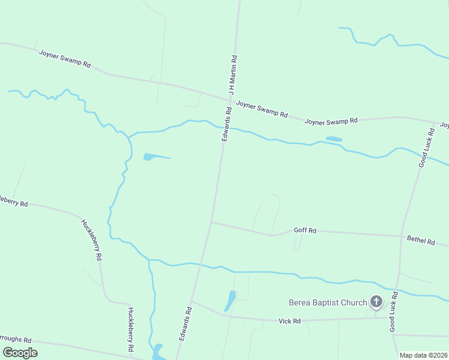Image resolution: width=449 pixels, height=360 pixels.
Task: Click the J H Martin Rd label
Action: [233, 74]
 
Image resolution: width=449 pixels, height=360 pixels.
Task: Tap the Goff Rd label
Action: [305, 230]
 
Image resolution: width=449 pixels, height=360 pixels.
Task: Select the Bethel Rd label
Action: [421, 240]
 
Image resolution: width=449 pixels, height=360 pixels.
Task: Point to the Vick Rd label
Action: [289, 321]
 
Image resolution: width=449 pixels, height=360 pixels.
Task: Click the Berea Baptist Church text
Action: [328, 302]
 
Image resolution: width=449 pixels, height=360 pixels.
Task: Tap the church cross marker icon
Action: [376, 301]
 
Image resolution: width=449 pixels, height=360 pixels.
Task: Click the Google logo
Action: [20, 353]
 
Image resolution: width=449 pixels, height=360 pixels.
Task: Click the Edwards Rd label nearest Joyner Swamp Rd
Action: [226, 124]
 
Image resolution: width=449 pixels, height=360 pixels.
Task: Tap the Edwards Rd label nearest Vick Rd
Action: [184, 324]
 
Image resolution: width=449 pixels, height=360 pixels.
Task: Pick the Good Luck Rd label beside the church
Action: [394, 311]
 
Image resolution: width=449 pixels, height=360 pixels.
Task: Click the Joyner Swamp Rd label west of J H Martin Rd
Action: [65, 59]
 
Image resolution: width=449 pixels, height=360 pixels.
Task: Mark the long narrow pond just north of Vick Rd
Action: [231, 300]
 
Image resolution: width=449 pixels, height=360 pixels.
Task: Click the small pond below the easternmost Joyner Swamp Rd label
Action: [334, 139]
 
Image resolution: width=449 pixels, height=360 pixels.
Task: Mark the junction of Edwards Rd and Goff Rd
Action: [211, 222]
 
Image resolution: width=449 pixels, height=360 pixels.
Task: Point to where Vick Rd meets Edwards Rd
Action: [191, 302]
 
